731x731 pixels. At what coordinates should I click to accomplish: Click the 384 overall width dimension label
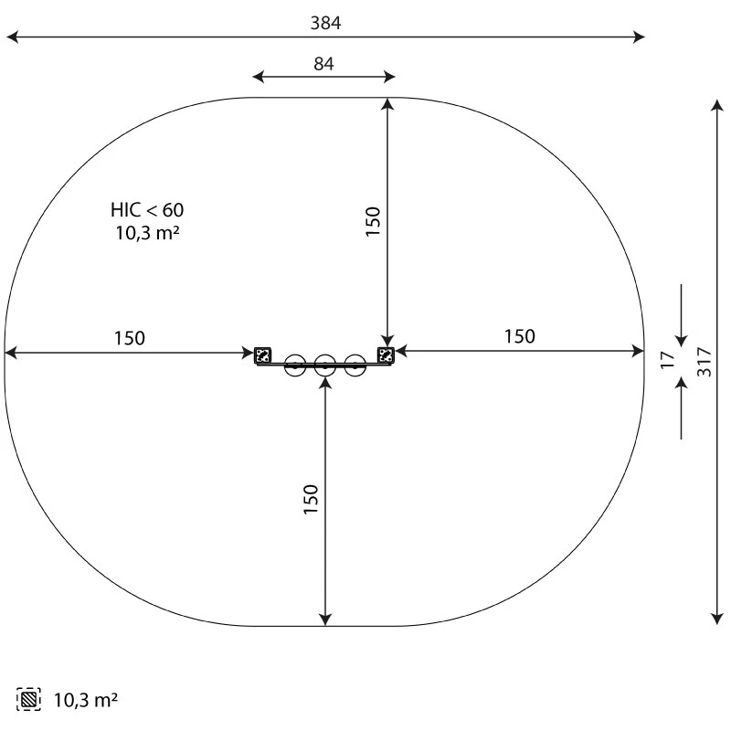324,24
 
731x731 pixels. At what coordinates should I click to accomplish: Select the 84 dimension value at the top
324,64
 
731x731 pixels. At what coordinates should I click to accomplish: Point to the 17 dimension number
669,361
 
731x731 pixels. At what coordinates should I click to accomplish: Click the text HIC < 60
146,211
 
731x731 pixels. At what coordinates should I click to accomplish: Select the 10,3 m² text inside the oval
146,233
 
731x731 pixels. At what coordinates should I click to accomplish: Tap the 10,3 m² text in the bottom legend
86,701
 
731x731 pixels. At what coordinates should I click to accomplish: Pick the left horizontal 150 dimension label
129,338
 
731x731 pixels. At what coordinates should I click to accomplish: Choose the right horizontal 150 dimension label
519,336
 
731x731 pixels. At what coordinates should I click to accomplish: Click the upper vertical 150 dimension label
373,222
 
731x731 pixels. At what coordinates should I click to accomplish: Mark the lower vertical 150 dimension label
311,500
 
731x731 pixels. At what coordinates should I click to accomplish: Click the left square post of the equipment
262,355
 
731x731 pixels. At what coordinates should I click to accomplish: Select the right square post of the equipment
386,355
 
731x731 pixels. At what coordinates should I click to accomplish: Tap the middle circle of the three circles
324,366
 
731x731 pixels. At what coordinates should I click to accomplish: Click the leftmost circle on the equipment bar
294,366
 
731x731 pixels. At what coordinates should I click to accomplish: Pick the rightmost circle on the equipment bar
355,366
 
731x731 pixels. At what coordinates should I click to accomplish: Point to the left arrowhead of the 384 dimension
11,37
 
